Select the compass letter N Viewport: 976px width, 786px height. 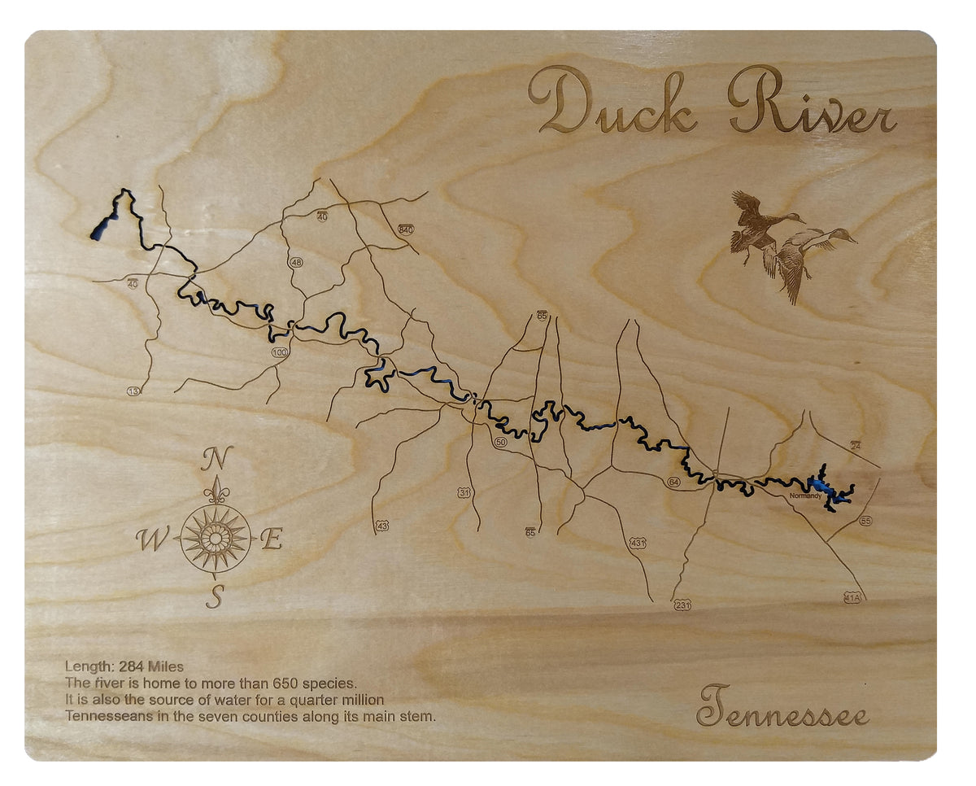coord(217,459)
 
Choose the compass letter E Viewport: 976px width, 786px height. coord(272,539)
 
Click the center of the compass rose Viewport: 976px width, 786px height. coord(215,538)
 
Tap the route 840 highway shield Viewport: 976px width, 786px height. coord(406,229)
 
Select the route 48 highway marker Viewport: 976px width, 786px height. coord(296,262)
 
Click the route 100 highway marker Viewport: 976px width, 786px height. coord(281,352)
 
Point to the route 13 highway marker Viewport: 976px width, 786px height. coord(133,391)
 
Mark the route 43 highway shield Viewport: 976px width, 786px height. coord(382,526)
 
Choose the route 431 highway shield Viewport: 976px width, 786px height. coord(638,542)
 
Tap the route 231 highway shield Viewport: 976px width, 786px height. coord(682,605)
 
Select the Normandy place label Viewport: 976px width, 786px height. coord(806,495)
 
